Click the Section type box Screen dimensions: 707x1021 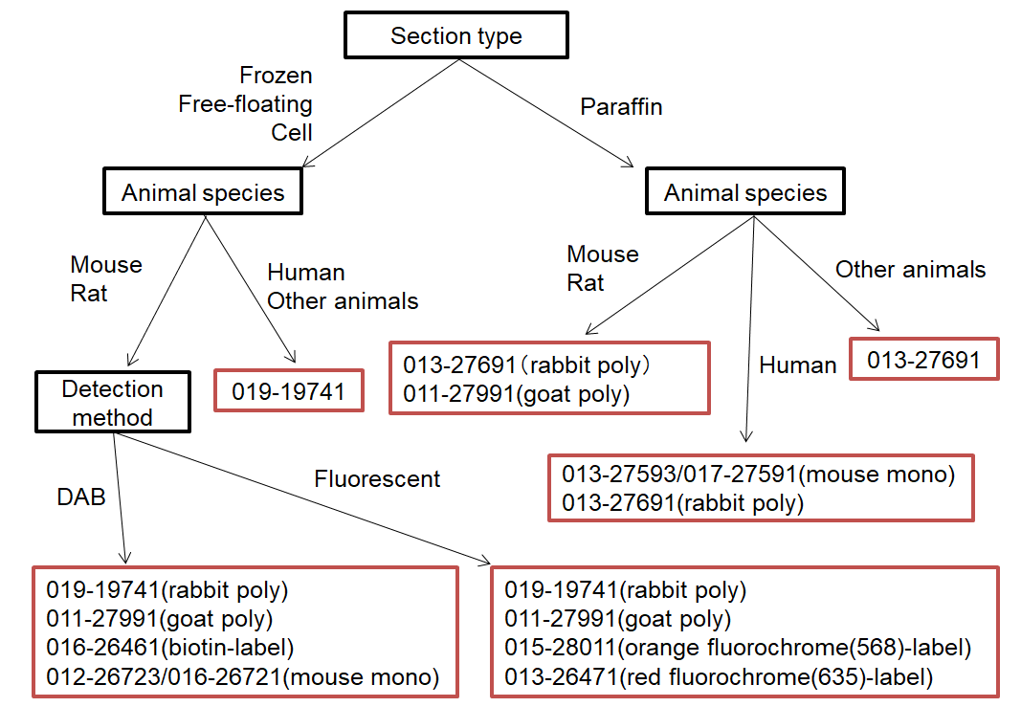[456, 36]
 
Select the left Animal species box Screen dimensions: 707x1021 [203, 193]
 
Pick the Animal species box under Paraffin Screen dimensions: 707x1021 [745, 193]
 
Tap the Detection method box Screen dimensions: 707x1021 [112, 403]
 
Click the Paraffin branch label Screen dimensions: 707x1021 [621, 106]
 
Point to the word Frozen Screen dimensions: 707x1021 [276, 75]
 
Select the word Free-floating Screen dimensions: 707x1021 [245, 103]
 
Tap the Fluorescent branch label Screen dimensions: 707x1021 [377, 478]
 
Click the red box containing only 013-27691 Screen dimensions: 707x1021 [923, 360]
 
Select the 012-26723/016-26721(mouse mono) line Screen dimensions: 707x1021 [242, 678]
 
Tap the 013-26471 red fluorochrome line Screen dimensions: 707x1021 [718, 678]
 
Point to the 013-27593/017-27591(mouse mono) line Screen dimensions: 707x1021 [758, 475]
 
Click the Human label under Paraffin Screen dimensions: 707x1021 [797, 365]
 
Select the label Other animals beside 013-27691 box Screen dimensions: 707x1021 [910, 270]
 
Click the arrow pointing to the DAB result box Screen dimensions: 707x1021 [121, 497]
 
